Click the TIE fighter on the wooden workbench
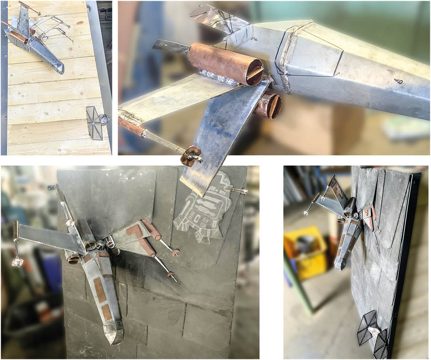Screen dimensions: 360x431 coord(96,118)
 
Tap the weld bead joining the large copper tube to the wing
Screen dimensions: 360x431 coord(217,78)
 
